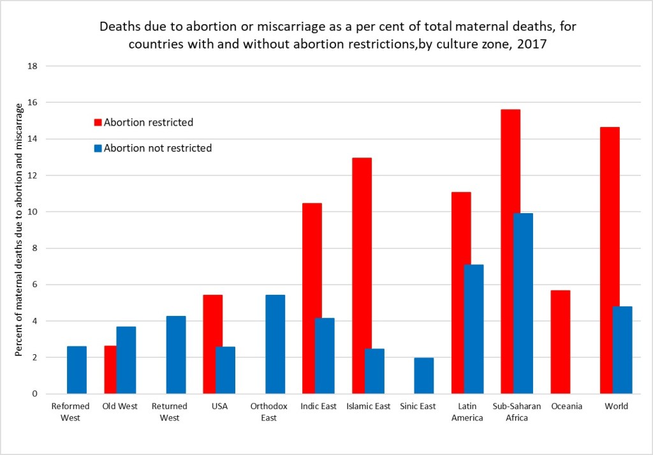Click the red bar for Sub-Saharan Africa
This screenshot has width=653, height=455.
(510, 251)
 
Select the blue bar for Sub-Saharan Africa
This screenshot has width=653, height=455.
(523, 303)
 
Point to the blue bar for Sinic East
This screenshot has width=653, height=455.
(424, 376)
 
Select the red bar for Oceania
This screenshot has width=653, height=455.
(561, 342)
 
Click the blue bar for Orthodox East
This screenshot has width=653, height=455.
(275, 344)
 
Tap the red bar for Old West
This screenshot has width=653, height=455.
(110, 369)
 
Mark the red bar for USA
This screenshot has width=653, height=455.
(212, 344)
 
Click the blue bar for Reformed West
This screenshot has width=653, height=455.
(77, 370)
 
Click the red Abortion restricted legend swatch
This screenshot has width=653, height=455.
(98, 123)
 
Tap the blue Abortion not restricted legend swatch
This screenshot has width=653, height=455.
(98, 148)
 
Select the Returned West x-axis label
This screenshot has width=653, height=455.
(170, 412)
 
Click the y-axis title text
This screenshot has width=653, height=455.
(19, 230)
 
